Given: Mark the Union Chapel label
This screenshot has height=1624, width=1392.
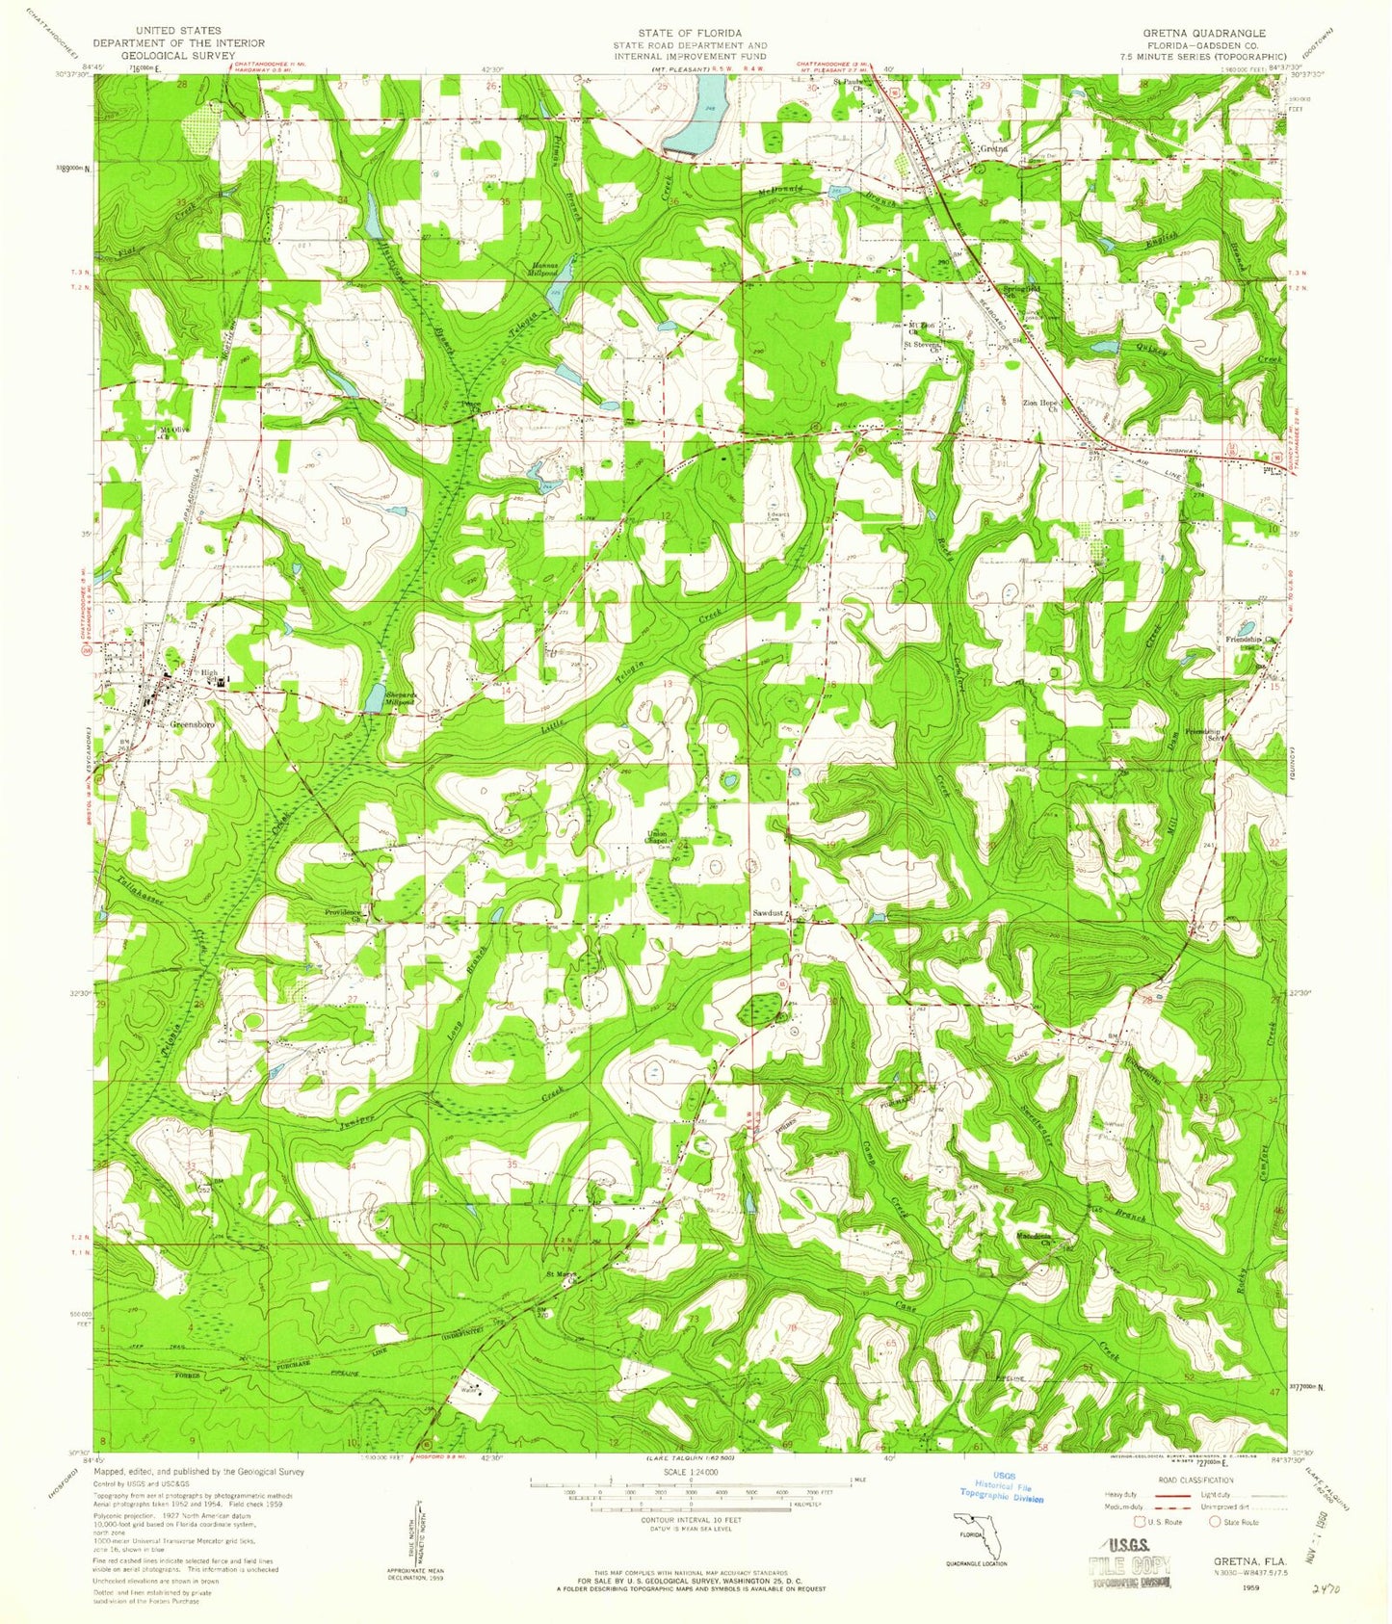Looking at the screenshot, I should click(660, 836).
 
